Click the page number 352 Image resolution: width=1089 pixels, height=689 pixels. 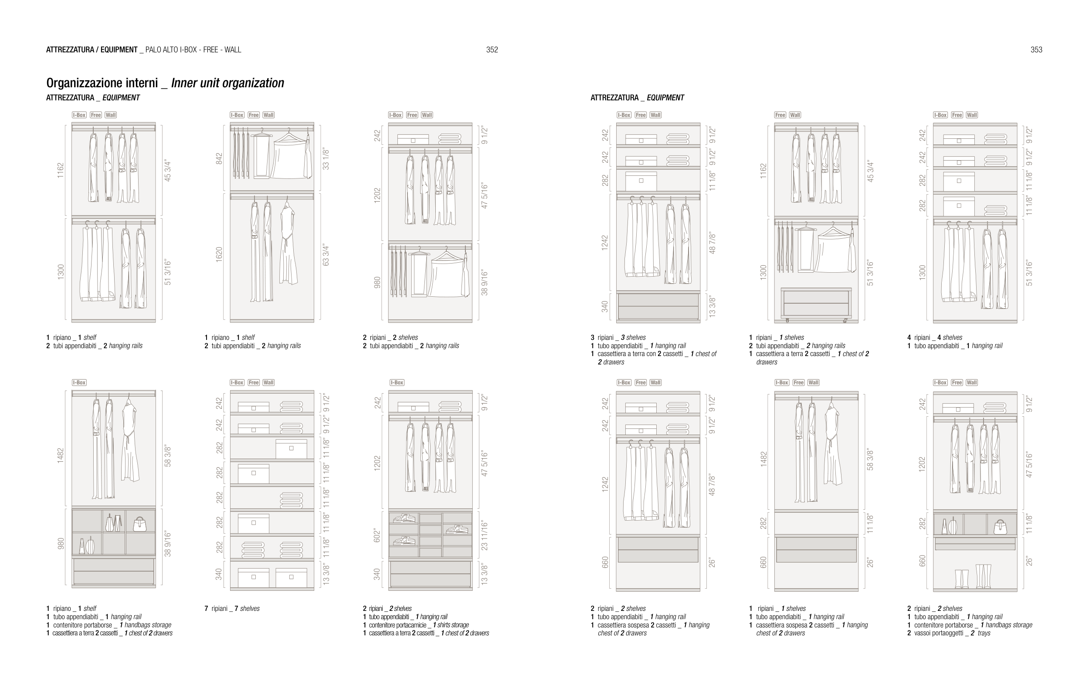[x=492, y=50]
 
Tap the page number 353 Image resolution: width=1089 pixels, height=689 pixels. [x=1036, y=50]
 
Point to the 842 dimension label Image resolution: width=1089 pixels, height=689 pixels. [x=219, y=158]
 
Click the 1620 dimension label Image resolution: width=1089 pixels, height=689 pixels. [x=219, y=255]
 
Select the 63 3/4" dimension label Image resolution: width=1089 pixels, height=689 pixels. [x=326, y=256]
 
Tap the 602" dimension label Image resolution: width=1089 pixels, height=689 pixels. [x=378, y=535]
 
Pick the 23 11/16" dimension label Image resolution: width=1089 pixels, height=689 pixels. [x=484, y=535]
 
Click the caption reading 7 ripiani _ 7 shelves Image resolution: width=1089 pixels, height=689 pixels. [x=232, y=608]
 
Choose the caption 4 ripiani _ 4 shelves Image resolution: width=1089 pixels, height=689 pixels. [x=934, y=338]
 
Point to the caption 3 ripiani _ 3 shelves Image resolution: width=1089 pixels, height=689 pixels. [x=618, y=338]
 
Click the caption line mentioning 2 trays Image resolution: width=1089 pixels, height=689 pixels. [x=948, y=633]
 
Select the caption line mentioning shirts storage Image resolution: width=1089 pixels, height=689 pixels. [x=416, y=625]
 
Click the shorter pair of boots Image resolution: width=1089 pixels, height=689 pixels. [x=961, y=579]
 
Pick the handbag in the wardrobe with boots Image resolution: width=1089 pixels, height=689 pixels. [x=1000, y=527]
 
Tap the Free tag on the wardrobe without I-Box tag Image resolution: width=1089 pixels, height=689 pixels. [x=780, y=115]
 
